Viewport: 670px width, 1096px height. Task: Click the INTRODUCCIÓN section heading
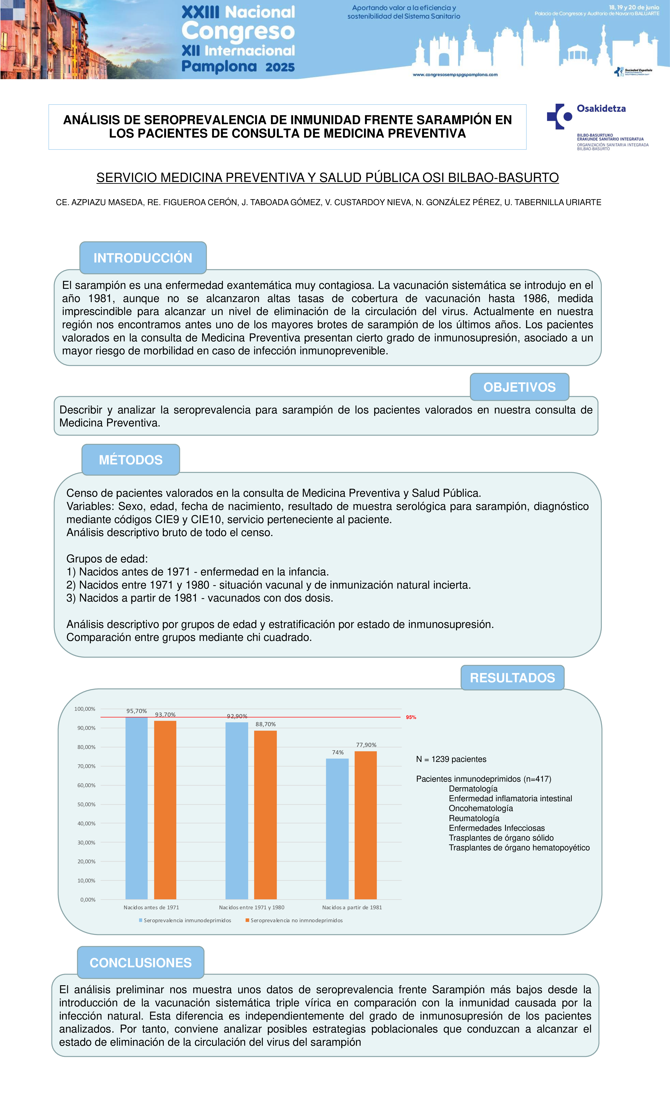click(143, 258)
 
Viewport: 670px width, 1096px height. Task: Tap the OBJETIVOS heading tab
click(519, 387)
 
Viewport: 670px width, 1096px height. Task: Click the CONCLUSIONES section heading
click(140, 962)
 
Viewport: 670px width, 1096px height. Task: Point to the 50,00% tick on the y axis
click(86, 804)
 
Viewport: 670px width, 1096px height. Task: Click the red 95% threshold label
click(411, 717)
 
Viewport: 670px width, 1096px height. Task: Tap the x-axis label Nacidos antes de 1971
click(151, 907)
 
